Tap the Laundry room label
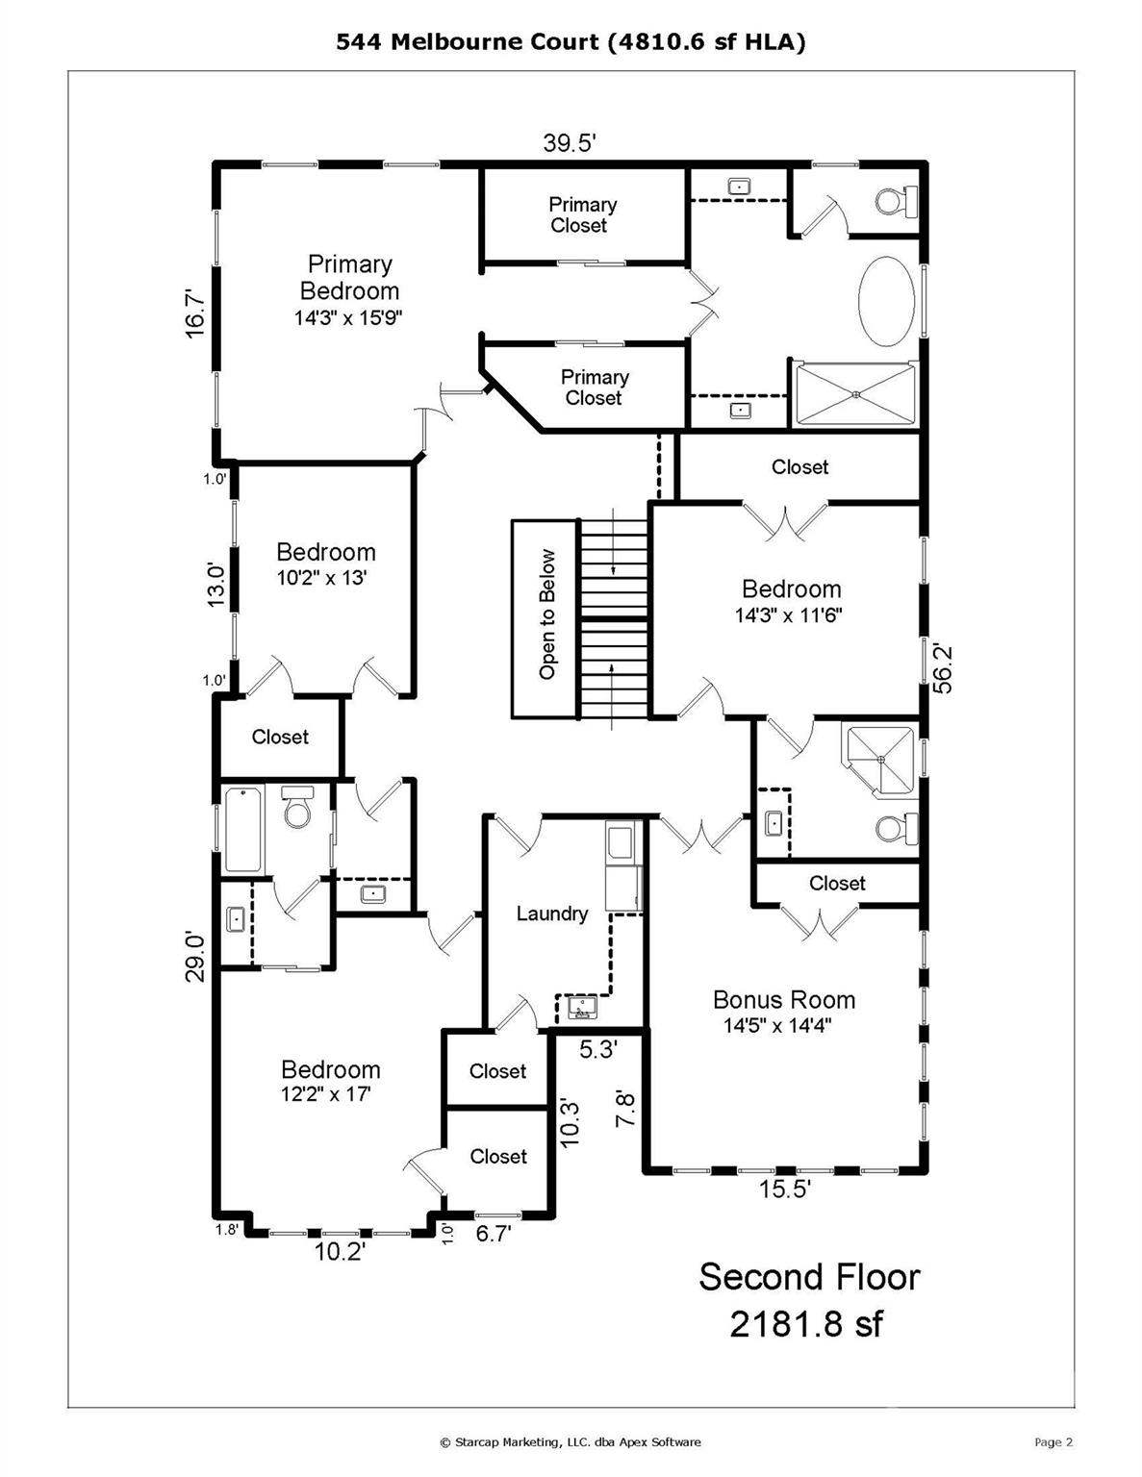551,914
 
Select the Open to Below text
547,614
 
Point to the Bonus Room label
783,1000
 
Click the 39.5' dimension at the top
570,143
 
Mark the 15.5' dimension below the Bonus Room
784,1189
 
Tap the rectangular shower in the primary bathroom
853,394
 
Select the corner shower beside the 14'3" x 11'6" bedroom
879,761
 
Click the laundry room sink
580,1007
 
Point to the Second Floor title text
808,1277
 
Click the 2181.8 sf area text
805,1324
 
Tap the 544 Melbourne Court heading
571,41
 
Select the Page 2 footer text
1053,1441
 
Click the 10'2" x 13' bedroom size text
321,578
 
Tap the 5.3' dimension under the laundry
597,1049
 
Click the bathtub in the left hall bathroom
242,829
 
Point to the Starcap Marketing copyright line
571,1441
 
